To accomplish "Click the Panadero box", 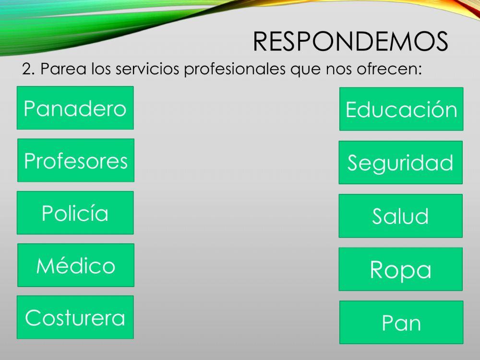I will click(x=75, y=108).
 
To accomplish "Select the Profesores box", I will click(x=76, y=160).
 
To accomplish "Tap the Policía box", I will click(x=75, y=213).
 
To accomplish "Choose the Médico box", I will click(x=76, y=265).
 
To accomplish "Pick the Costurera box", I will click(x=75, y=317).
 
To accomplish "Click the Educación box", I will click(x=401, y=109).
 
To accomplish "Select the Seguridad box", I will click(x=400, y=163).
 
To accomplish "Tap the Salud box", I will click(x=400, y=216).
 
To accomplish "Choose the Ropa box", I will click(x=400, y=269).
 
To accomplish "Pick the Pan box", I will click(x=401, y=323).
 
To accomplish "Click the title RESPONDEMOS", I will click(x=350, y=42).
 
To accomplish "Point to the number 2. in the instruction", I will click(x=28, y=70).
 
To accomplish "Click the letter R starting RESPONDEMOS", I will click(x=261, y=42).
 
